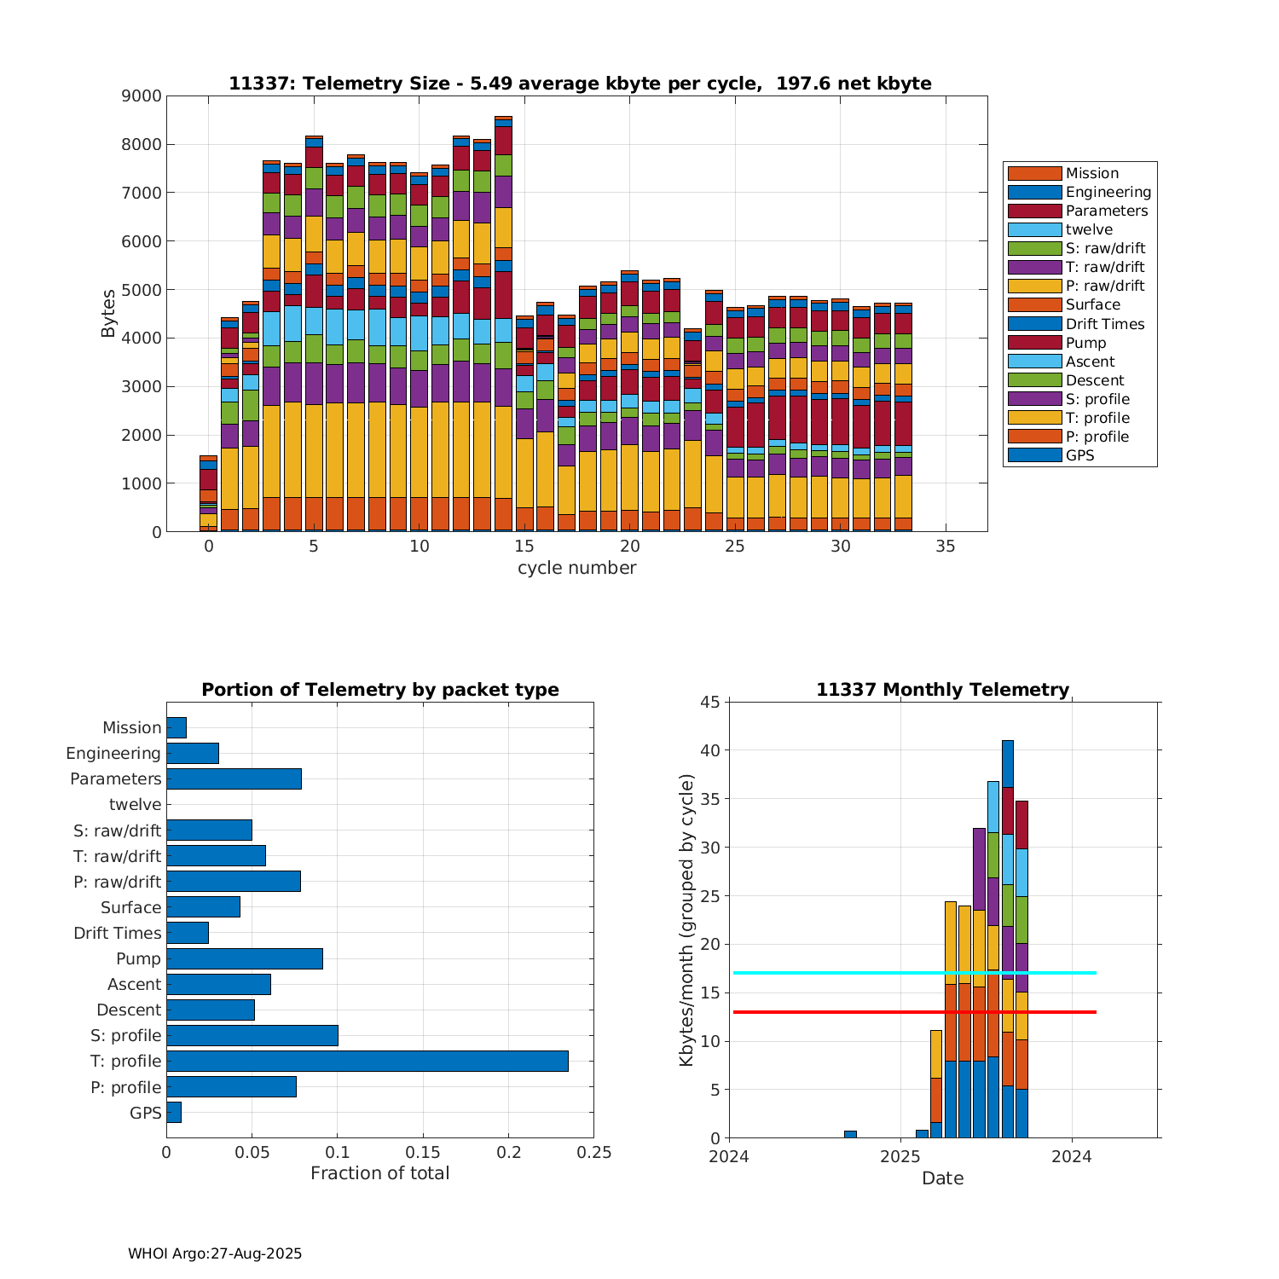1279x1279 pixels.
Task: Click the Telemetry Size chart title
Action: coord(580,84)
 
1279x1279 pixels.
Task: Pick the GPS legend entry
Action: coord(1079,455)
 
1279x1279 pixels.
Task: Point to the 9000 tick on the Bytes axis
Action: coord(142,96)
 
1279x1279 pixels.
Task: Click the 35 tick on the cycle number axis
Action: coord(946,546)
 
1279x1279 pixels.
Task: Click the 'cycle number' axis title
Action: coord(576,568)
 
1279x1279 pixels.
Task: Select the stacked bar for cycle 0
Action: coord(208,495)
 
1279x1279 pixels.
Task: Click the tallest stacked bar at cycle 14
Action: coord(503,324)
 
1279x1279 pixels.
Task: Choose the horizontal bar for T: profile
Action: coord(367,1061)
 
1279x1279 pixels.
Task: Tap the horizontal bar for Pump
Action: coord(245,958)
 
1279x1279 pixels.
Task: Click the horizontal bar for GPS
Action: coord(174,1112)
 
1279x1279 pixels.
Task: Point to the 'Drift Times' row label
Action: coord(117,933)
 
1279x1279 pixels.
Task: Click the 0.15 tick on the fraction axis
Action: coord(423,1153)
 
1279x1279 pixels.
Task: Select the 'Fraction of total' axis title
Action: coord(379,1173)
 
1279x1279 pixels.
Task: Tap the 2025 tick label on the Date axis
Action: coord(900,1157)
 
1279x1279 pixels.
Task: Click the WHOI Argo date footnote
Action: coord(215,1253)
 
